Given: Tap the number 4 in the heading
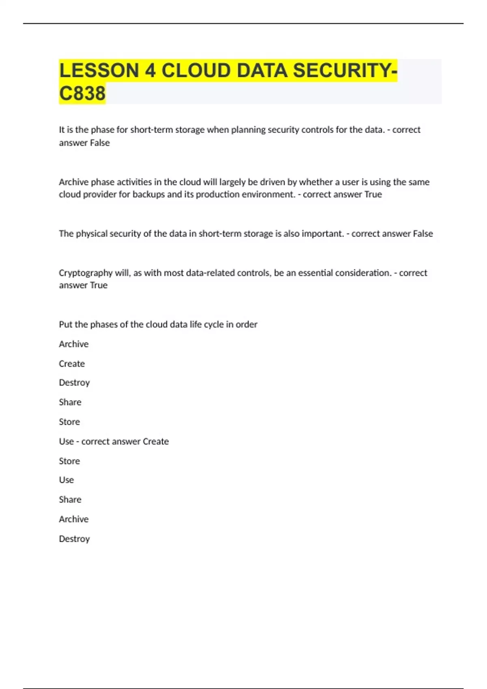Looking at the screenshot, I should pos(150,71).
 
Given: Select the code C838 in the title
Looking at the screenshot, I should pos(82,93).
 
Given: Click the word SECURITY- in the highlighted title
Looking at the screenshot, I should pos(345,71).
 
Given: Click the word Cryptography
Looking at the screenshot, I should pos(86,273).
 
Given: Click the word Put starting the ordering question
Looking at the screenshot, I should pos(66,324).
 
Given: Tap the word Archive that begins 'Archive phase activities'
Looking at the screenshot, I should pos(73,182).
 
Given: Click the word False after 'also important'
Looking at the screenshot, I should pos(423,233).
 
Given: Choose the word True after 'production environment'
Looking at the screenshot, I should pos(373,195).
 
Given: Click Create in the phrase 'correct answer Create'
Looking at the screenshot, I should pos(156,441).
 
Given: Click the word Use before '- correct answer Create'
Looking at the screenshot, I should pos(66,441).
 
